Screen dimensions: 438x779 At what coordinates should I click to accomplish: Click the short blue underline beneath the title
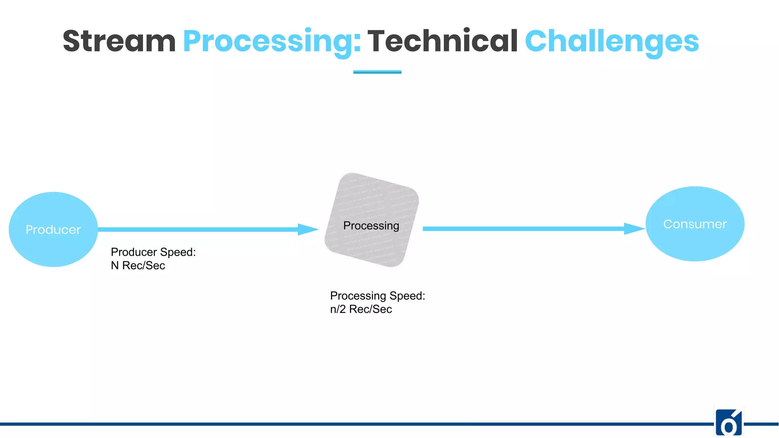pyautogui.click(x=377, y=71)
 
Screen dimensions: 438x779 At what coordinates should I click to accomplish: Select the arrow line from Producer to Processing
pyautogui.click(x=198, y=229)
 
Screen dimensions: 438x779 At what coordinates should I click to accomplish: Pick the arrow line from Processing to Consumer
pyautogui.click(x=521, y=229)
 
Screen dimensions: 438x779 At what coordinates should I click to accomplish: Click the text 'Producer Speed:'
pyautogui.click(x=153, y=252)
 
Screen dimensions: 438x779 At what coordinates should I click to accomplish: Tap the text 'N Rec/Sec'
pyautogui.click(x=138, y=265)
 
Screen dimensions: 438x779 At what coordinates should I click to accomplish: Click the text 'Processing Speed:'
pyautogui.click(x=377, y=296)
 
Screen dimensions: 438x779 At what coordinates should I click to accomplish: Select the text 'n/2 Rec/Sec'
pyautogui.click(x=361, y=309)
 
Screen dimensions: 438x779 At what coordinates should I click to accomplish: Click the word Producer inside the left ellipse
pyautogui.click(x=53, y=230)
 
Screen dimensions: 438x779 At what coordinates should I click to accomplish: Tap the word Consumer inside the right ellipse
pyautogui.click(x=695, y=224)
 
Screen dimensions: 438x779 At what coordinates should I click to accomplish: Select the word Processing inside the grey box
pyautogui.click(x=371, y=225)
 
